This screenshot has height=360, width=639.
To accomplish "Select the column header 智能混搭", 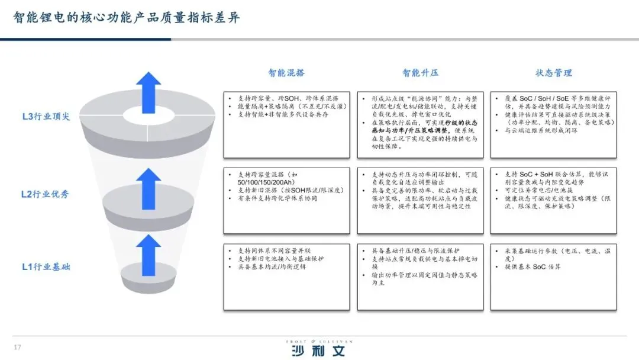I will coord(286,73).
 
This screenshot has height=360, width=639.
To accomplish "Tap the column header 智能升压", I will coord(420,73).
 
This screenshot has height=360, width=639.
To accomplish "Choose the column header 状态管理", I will coord(554,73).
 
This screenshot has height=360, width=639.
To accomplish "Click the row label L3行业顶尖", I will coord(46,117).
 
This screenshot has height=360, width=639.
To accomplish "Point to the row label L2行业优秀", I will coord(46,194).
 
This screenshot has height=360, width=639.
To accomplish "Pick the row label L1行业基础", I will coord(46,267).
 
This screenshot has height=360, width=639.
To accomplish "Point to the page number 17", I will coord(17,347).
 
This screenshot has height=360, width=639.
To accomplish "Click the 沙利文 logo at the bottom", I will coord(318,349).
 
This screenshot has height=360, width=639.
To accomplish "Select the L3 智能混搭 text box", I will coord(286,124).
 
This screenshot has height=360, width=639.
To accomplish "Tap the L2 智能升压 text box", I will coord(420,201).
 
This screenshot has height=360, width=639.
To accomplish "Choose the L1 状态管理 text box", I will coord(554,276).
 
